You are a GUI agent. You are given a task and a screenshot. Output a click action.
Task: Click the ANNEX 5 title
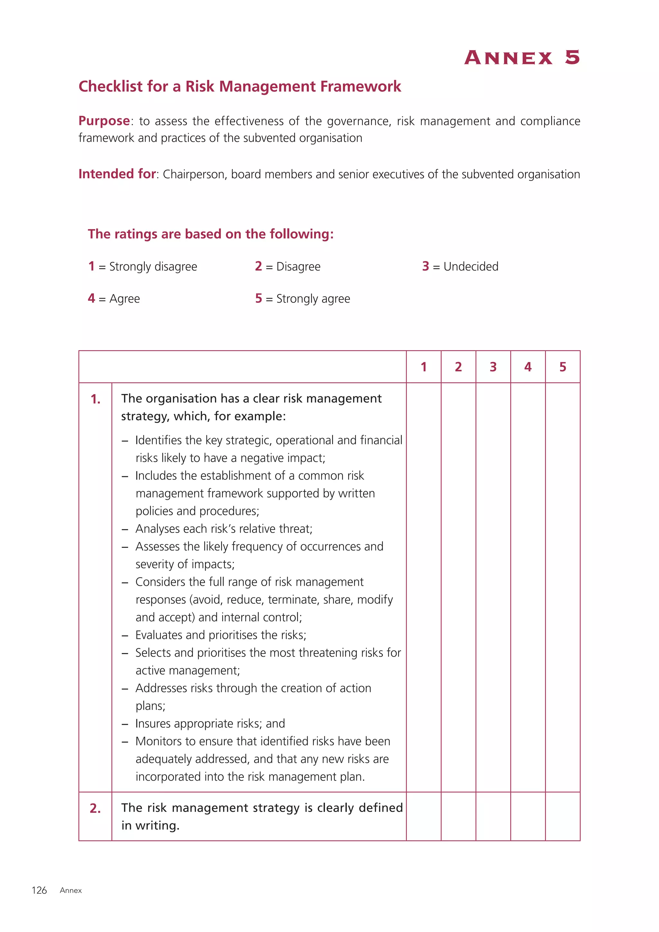pos(522,58)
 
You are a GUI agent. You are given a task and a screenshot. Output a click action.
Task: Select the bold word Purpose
pos(104,121)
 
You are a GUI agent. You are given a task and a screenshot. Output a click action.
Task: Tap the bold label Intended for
pos(117,174)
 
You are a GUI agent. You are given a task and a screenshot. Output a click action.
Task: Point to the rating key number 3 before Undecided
pos(425,266)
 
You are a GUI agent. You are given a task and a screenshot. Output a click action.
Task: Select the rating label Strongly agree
pos(313,299)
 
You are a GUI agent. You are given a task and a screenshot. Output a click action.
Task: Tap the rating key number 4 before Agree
pos(91,299)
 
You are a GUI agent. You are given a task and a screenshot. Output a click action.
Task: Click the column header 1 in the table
pos(424,367)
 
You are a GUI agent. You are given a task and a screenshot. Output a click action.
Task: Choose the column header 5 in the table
pos(562,367)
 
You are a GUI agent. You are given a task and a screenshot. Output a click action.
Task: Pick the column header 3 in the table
pos(493,367)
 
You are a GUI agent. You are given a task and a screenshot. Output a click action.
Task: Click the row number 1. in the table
pos(95,399)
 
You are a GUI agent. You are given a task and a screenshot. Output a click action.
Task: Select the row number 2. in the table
pos(95,809)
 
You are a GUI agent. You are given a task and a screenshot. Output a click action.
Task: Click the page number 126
pos(39,890)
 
